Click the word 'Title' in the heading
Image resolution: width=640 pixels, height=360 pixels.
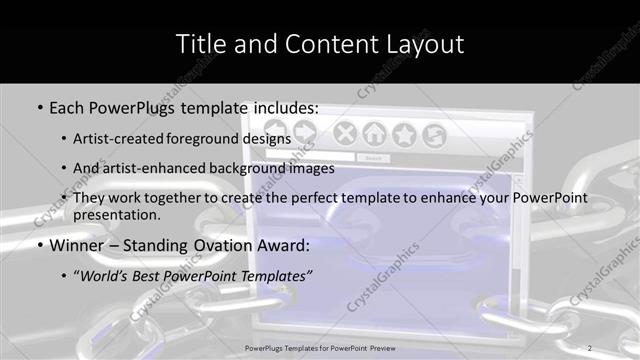point(200,43)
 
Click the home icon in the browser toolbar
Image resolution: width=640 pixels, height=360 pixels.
point(374,133)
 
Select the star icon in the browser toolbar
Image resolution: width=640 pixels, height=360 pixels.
point(404,133)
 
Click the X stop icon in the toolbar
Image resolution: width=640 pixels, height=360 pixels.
point(344,133)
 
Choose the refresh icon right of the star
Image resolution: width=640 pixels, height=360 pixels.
point(434,133)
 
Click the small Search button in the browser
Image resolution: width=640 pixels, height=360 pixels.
point(373,158)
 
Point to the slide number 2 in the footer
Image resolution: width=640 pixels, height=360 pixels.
point(590,348)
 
